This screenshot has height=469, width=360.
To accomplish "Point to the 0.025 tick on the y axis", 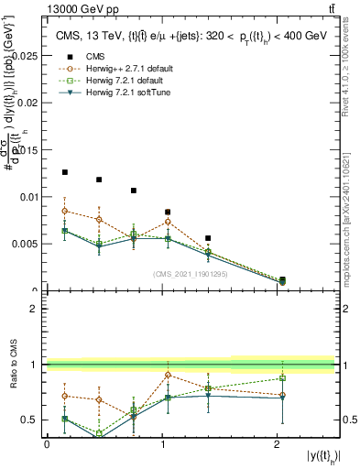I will coord(27,55).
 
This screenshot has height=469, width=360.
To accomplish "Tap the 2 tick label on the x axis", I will coord(277,443).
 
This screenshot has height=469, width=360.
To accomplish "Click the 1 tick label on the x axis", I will coord(162,443).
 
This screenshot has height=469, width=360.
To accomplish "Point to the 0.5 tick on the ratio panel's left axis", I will coord(33,420).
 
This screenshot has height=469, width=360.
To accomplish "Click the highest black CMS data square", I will coord(64,172).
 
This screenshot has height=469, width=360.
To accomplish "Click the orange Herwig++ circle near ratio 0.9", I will coord(168,375).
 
